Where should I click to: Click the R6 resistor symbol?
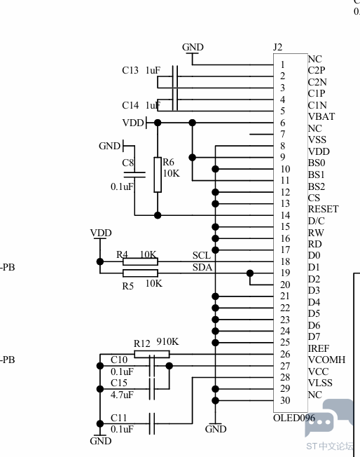pos(158,175)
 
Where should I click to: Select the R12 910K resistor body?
pos(152,355)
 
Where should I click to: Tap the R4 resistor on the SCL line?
pos(140,261)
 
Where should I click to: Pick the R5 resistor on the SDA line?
pos(140,273)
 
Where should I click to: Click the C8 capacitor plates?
pos(134,175)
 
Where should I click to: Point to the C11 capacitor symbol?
pos(152,423)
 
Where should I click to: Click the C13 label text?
pos(130,70)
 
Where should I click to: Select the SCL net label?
pos(202,256)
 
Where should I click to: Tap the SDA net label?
pos(202,267)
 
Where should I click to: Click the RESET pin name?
pos(324,209)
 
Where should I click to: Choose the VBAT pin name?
pos(321,116)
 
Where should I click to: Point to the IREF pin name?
pos(319,348)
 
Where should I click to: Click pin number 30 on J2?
pos(285,400)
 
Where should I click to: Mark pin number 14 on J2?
pos(285,215)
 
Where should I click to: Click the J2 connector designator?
pos(278,47)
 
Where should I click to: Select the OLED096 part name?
pos(294,418)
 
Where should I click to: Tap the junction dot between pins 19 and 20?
pos(250,273)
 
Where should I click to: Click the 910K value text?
pos(168,341)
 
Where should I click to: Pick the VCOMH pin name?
pos(327,360)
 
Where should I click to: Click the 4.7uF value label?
pos(122,395)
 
